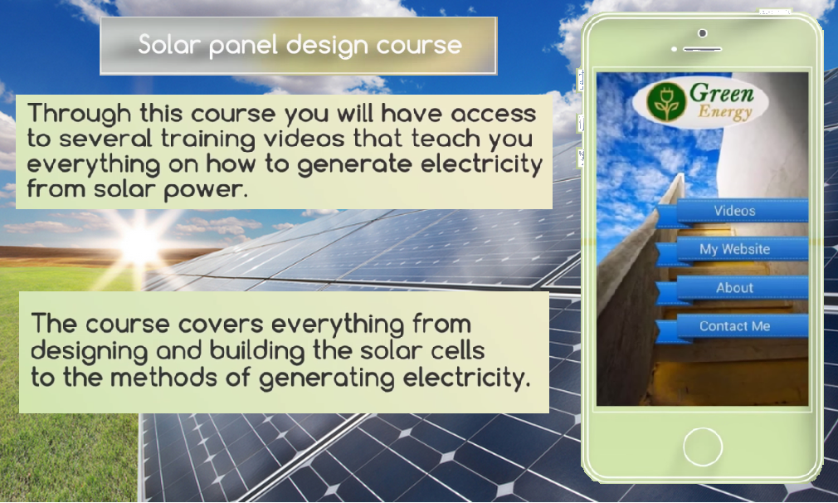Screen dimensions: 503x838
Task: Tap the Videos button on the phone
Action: tap(734, 211)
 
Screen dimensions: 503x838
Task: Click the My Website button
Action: tap(734, 249)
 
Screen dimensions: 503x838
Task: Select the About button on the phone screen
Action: tap(734, 288)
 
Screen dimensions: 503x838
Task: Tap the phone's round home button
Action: tap(703, 447)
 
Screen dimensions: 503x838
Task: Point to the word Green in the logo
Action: tap(721, 92)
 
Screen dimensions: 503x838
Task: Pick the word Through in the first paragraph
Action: tap(75, 114)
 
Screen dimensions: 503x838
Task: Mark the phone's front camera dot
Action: tap(703, 33)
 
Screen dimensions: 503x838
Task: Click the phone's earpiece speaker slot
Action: tap(702, 49)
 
